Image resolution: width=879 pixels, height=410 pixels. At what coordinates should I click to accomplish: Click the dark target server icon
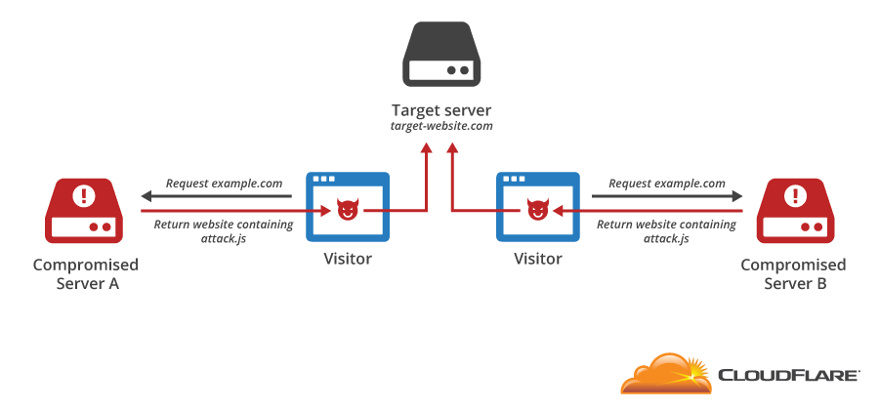[x=440, y=56]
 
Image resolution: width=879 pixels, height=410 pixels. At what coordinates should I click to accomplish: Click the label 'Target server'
[x=440, y=109]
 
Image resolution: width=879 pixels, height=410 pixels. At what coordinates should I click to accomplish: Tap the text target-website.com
[x=440, y=126]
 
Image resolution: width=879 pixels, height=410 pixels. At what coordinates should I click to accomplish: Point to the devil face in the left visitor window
[x=346, y=210]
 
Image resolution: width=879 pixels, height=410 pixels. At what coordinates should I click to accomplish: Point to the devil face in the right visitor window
[x=535, y=210]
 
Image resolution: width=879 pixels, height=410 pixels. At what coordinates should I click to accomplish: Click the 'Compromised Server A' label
[x=86, y=274]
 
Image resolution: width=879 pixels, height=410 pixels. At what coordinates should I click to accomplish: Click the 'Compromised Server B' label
[x=793, y=274]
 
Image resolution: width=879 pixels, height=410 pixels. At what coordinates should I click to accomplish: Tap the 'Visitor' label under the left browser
[x=348, y=259]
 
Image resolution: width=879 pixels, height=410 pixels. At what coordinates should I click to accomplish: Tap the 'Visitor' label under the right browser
[x=538, y=259]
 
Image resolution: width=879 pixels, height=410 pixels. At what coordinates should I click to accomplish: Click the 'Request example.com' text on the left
[x=225, y=184]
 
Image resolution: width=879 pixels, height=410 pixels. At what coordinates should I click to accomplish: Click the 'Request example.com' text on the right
[x=667, y=184]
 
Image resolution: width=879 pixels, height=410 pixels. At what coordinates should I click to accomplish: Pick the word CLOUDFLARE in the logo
[x=789, y=375]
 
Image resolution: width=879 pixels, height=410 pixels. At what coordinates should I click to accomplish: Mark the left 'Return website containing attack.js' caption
[x=224, y=231]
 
